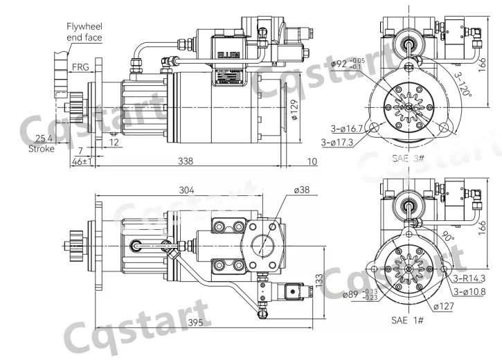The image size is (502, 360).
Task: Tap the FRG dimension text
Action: [81, 67]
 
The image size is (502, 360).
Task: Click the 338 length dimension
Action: [186, 161]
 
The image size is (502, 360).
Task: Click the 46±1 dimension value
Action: [83, 161]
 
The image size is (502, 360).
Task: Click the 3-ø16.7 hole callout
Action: [348, 128]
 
